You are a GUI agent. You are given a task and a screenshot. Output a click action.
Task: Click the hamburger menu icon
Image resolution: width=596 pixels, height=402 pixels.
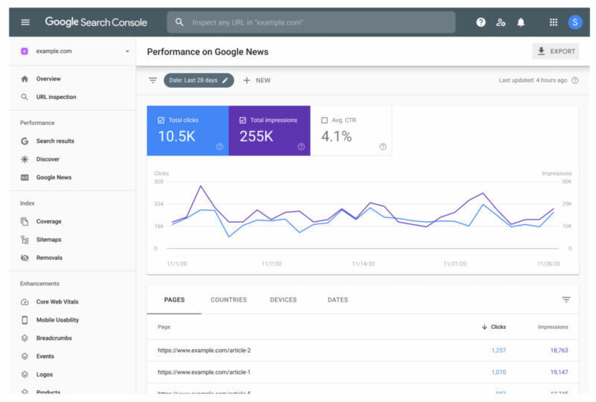[x=25, y=22]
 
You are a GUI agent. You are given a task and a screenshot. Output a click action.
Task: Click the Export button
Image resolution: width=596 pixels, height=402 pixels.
[x=556, y=51]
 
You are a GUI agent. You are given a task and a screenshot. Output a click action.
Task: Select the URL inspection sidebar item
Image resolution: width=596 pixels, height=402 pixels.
[x=56, y=97]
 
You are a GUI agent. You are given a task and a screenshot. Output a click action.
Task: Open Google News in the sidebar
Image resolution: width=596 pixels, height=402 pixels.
[x=54, y=177]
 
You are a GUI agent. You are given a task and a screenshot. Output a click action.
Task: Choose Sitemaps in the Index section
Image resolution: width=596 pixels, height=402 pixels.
[x=48, y=240]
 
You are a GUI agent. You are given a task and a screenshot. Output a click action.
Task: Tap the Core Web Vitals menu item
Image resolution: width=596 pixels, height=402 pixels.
[x=57, y=301]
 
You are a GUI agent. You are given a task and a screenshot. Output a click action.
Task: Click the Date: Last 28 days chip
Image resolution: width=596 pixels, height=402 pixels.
[x=198, y=80]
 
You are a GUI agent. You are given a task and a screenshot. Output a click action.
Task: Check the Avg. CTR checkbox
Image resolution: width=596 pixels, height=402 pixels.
[x=324, y=120]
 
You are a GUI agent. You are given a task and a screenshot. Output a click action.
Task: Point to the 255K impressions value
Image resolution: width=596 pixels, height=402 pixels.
[x=256, y=136]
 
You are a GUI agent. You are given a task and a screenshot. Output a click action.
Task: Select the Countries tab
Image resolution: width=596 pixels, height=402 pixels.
[x=229, y=300]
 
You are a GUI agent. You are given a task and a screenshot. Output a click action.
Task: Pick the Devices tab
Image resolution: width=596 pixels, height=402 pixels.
[x=283, y=300]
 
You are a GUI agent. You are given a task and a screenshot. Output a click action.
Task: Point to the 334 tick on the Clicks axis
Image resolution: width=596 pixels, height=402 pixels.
[x=159, y=203]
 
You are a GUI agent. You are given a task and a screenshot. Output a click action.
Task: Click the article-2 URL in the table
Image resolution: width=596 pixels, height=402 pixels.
[x=204, y=350]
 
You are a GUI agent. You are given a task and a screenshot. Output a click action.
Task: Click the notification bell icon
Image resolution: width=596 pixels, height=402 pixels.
[x=521, y=22]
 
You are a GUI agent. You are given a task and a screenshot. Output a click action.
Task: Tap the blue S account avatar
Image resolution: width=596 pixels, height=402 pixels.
[x=575, y=22]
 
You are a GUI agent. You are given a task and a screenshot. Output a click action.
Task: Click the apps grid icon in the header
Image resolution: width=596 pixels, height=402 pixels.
[x=554, y=22]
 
